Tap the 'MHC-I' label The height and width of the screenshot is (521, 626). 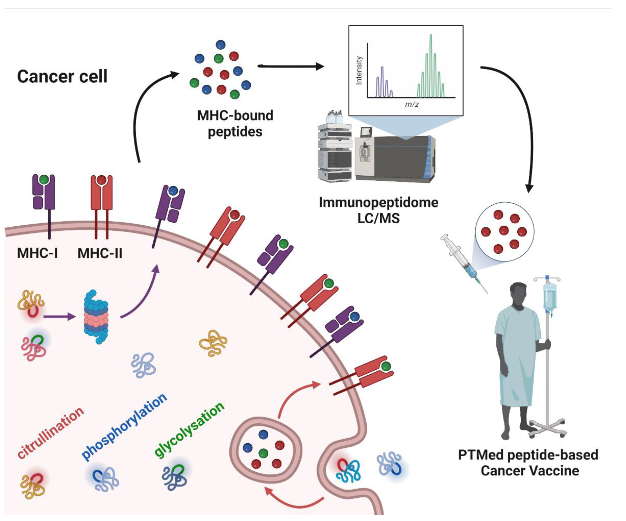tap(37, 253)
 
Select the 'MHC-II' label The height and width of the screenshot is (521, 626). tap(100, 253)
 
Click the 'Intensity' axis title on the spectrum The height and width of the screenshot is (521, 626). tap(359, 71)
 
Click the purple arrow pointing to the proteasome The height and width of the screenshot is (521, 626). tap(60, 316)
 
